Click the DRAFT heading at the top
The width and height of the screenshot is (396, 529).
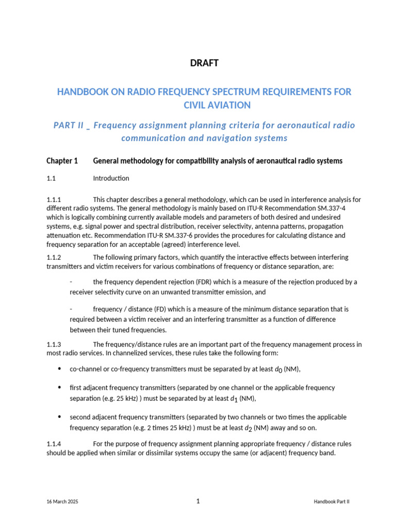(x=204, y=63)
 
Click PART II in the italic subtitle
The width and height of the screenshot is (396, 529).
(x=69, y=126)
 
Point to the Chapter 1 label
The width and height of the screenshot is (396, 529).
(x=62, y=161)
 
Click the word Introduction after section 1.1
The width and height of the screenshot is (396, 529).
(x=111, y=179)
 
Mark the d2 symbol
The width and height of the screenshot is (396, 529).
(x=249, y=428)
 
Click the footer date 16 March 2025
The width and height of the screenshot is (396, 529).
(x=62, y=502)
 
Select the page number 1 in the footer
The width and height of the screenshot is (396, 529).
(x=198, y=501)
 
